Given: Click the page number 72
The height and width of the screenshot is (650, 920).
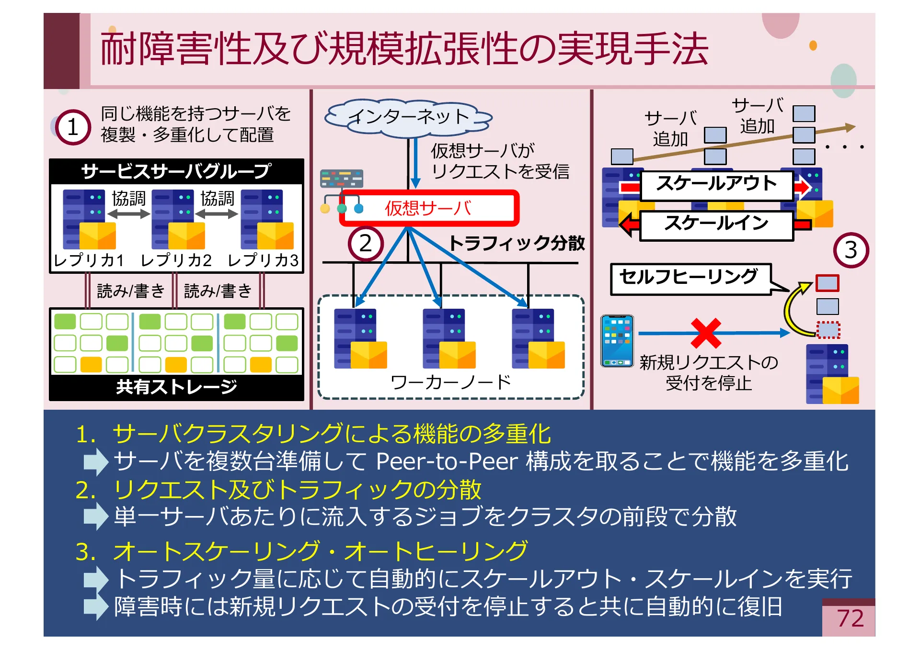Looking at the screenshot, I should tap(850, 618).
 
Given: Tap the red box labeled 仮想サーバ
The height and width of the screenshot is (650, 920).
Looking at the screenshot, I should tap(428, 208).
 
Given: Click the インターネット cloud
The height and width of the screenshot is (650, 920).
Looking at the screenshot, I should tap(408, 117).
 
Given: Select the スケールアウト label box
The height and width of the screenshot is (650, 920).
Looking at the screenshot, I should tap(716, 184).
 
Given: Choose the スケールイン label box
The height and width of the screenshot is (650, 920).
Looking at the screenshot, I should tap(716, 224).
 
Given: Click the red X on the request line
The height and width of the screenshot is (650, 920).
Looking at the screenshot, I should tap(706, 333).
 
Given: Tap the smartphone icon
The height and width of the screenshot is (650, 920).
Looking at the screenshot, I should tap(617, 341).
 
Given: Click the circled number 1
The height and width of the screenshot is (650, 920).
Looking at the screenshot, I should tap(73, 127).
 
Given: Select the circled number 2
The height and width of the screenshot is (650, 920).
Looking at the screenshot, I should tap(366, 243).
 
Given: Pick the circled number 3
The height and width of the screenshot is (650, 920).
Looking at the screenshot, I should tap(851, 250).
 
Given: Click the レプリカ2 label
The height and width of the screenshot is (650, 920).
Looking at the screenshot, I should tap(176, 260).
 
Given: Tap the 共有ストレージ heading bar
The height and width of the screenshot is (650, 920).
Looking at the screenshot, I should tap(176, 387).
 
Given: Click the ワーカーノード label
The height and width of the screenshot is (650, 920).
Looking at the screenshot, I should tap(450, 382).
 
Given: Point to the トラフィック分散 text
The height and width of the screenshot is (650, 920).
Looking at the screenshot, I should tap(517, 243).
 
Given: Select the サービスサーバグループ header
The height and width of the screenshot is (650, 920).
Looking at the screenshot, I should tap(176, 171).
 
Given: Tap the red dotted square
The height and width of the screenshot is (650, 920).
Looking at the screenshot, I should tap(828, 330).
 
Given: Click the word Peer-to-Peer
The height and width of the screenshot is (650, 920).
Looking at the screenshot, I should tap(447, 461).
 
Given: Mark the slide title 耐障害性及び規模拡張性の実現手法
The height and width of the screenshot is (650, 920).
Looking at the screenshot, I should tap(404, 49).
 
